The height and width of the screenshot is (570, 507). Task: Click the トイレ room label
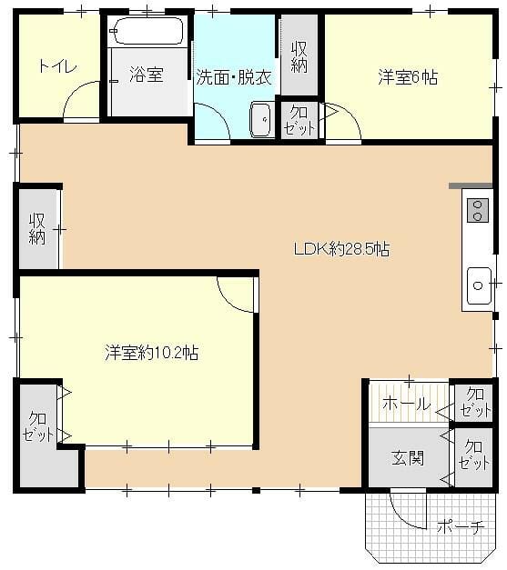tap(58, 67)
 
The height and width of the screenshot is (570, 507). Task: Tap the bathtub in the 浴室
tap(147, 31)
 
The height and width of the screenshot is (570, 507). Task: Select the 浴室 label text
tap(147, 75)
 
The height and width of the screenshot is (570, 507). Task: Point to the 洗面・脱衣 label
tap(234, 78)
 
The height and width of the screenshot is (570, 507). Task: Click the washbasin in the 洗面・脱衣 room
tap(260, 119)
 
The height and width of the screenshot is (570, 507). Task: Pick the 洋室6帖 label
tap(408, 77)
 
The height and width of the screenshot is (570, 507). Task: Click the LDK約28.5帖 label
tap(341, 249)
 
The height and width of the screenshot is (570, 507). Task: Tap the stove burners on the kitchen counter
tap(477, 211)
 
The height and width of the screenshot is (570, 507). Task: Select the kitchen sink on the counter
tap(479, 285)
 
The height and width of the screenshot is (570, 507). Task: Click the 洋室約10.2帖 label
tap(152, 352)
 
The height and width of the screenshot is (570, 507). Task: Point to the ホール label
tap(407, 404)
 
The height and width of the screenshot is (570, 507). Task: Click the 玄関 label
tap(408, 458)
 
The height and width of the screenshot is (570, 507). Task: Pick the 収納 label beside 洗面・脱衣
tap(299, 57)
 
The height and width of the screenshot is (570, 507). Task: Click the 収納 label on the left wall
tap(37, 229)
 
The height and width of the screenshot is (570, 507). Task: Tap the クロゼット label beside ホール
tap(475, 402)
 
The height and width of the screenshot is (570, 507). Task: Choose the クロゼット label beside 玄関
tap(473, 455)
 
